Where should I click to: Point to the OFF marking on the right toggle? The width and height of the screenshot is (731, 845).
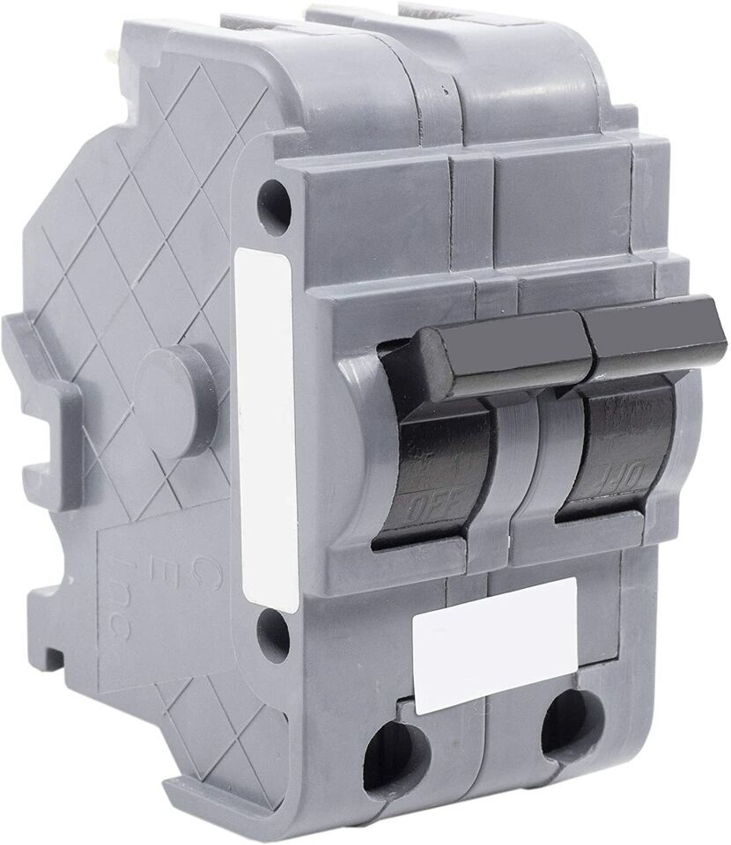pos(608,480)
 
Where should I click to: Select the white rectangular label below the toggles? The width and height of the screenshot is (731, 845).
pos(493,644)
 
